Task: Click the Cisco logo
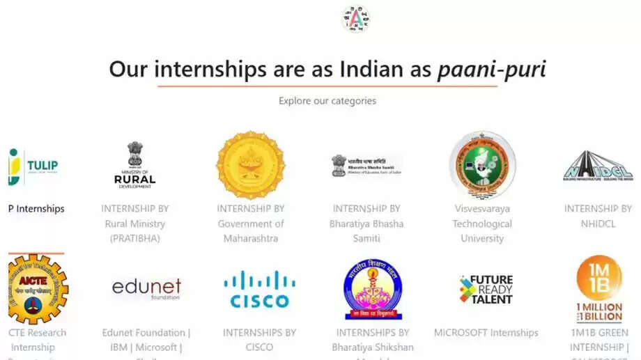click(259, 289)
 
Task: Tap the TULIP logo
click(34, 166)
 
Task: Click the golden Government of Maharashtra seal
click(251, 165)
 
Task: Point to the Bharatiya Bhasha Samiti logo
click(366, 166)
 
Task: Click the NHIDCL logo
click(597, 166)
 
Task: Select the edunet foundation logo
click(146, 288)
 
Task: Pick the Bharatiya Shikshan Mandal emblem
click(373, 289)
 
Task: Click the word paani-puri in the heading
click(491, 69)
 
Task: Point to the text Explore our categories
click(327, 101)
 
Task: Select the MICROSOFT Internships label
click(486, 333)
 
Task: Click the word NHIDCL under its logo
click(598, 224)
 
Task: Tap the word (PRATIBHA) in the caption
click(135, 238)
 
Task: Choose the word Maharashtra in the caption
click(251, 238)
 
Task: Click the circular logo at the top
click(356, 19)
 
